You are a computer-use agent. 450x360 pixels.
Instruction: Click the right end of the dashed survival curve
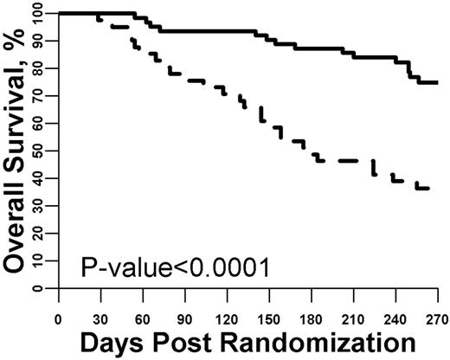point(429,188)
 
